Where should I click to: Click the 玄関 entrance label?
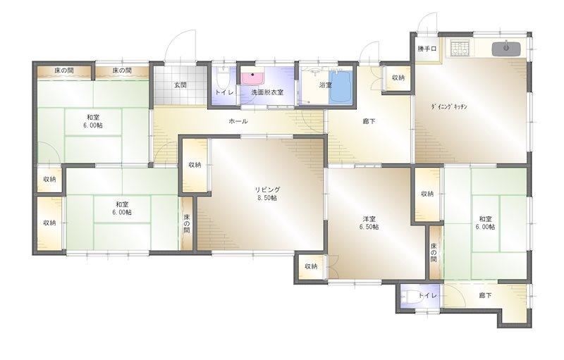[180, 85]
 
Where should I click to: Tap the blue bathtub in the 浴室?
[341, 87]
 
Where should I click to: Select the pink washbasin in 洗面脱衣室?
[252, 78]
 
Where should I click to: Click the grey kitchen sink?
[506, 49]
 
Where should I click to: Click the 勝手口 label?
[427, 49]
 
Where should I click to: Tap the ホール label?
[238, 121]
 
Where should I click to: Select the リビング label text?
[267, 190]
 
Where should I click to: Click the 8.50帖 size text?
[267, 198]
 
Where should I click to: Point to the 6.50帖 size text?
[369, 227]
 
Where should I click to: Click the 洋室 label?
[369, 218]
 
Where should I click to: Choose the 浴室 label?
[326, 85]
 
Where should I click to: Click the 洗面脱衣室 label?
[267, 92]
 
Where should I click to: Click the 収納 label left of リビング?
[195, 165]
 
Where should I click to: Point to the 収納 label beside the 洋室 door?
[311, 266]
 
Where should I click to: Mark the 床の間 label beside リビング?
[187, 223]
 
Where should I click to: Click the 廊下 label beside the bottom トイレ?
[485, 295]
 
